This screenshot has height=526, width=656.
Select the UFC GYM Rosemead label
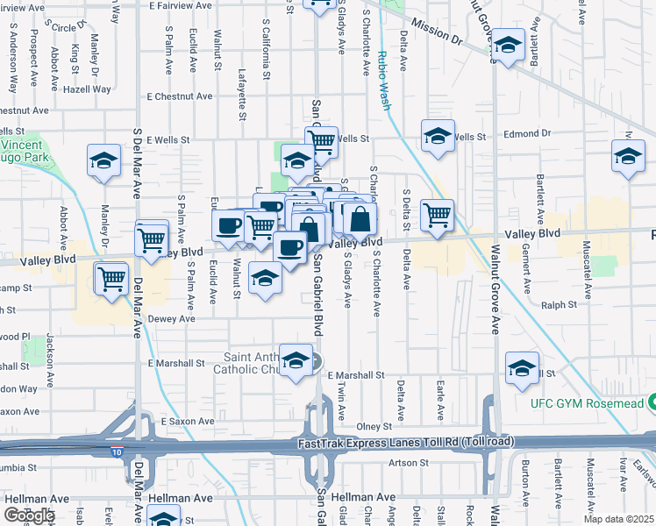[585, 402]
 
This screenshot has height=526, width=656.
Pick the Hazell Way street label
[87, 89]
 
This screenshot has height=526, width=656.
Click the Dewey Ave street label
[171, 319]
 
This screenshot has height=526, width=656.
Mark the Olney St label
[373, 426]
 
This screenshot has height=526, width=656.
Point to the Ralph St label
[559, 305]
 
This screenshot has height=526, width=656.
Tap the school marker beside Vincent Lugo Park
[103, 160]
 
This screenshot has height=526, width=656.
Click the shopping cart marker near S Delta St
[436, 213]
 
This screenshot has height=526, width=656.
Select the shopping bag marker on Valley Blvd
[359, 218]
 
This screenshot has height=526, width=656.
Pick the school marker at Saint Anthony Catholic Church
[296, 360]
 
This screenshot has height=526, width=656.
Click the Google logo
[28, 515]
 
